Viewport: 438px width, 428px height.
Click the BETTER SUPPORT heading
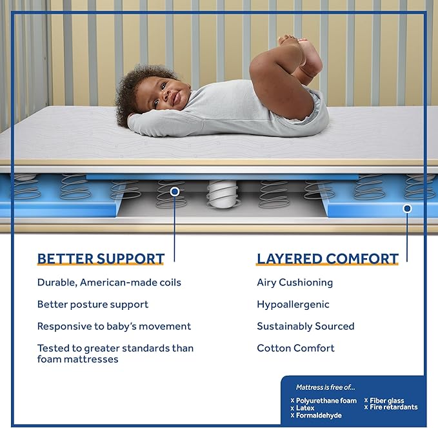click(x=101, y=260)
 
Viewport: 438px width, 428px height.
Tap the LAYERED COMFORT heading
click(x=328, y=260)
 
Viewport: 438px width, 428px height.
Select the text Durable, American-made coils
click(x=109, y=283)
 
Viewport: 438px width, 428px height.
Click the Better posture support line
click(x=93, y=305)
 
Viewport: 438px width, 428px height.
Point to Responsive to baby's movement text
click(x=114, y=327)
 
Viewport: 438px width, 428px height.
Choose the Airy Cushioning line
click(x=295, y=283)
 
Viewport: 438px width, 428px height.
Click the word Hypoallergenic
click(x=293, y=305)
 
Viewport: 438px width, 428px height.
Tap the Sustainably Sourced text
click(x=306, y=327)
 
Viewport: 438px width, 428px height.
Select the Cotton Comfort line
click(x=295, y=349)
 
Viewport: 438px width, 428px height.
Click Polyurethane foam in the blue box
click(x=326, y=401)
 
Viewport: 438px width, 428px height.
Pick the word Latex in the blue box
click(x=305, y=409)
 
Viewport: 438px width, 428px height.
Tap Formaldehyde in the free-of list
click(x=319, y=416)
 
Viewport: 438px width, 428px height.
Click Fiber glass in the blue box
click(x=386, y=401)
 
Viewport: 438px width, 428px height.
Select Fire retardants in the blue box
click(x=393, y=408)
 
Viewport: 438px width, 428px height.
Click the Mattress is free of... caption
click(x=326, y=387)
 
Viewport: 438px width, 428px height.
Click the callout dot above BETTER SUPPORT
click(x=174, y=192)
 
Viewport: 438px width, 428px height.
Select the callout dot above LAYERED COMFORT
click(x=407, y=209)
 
